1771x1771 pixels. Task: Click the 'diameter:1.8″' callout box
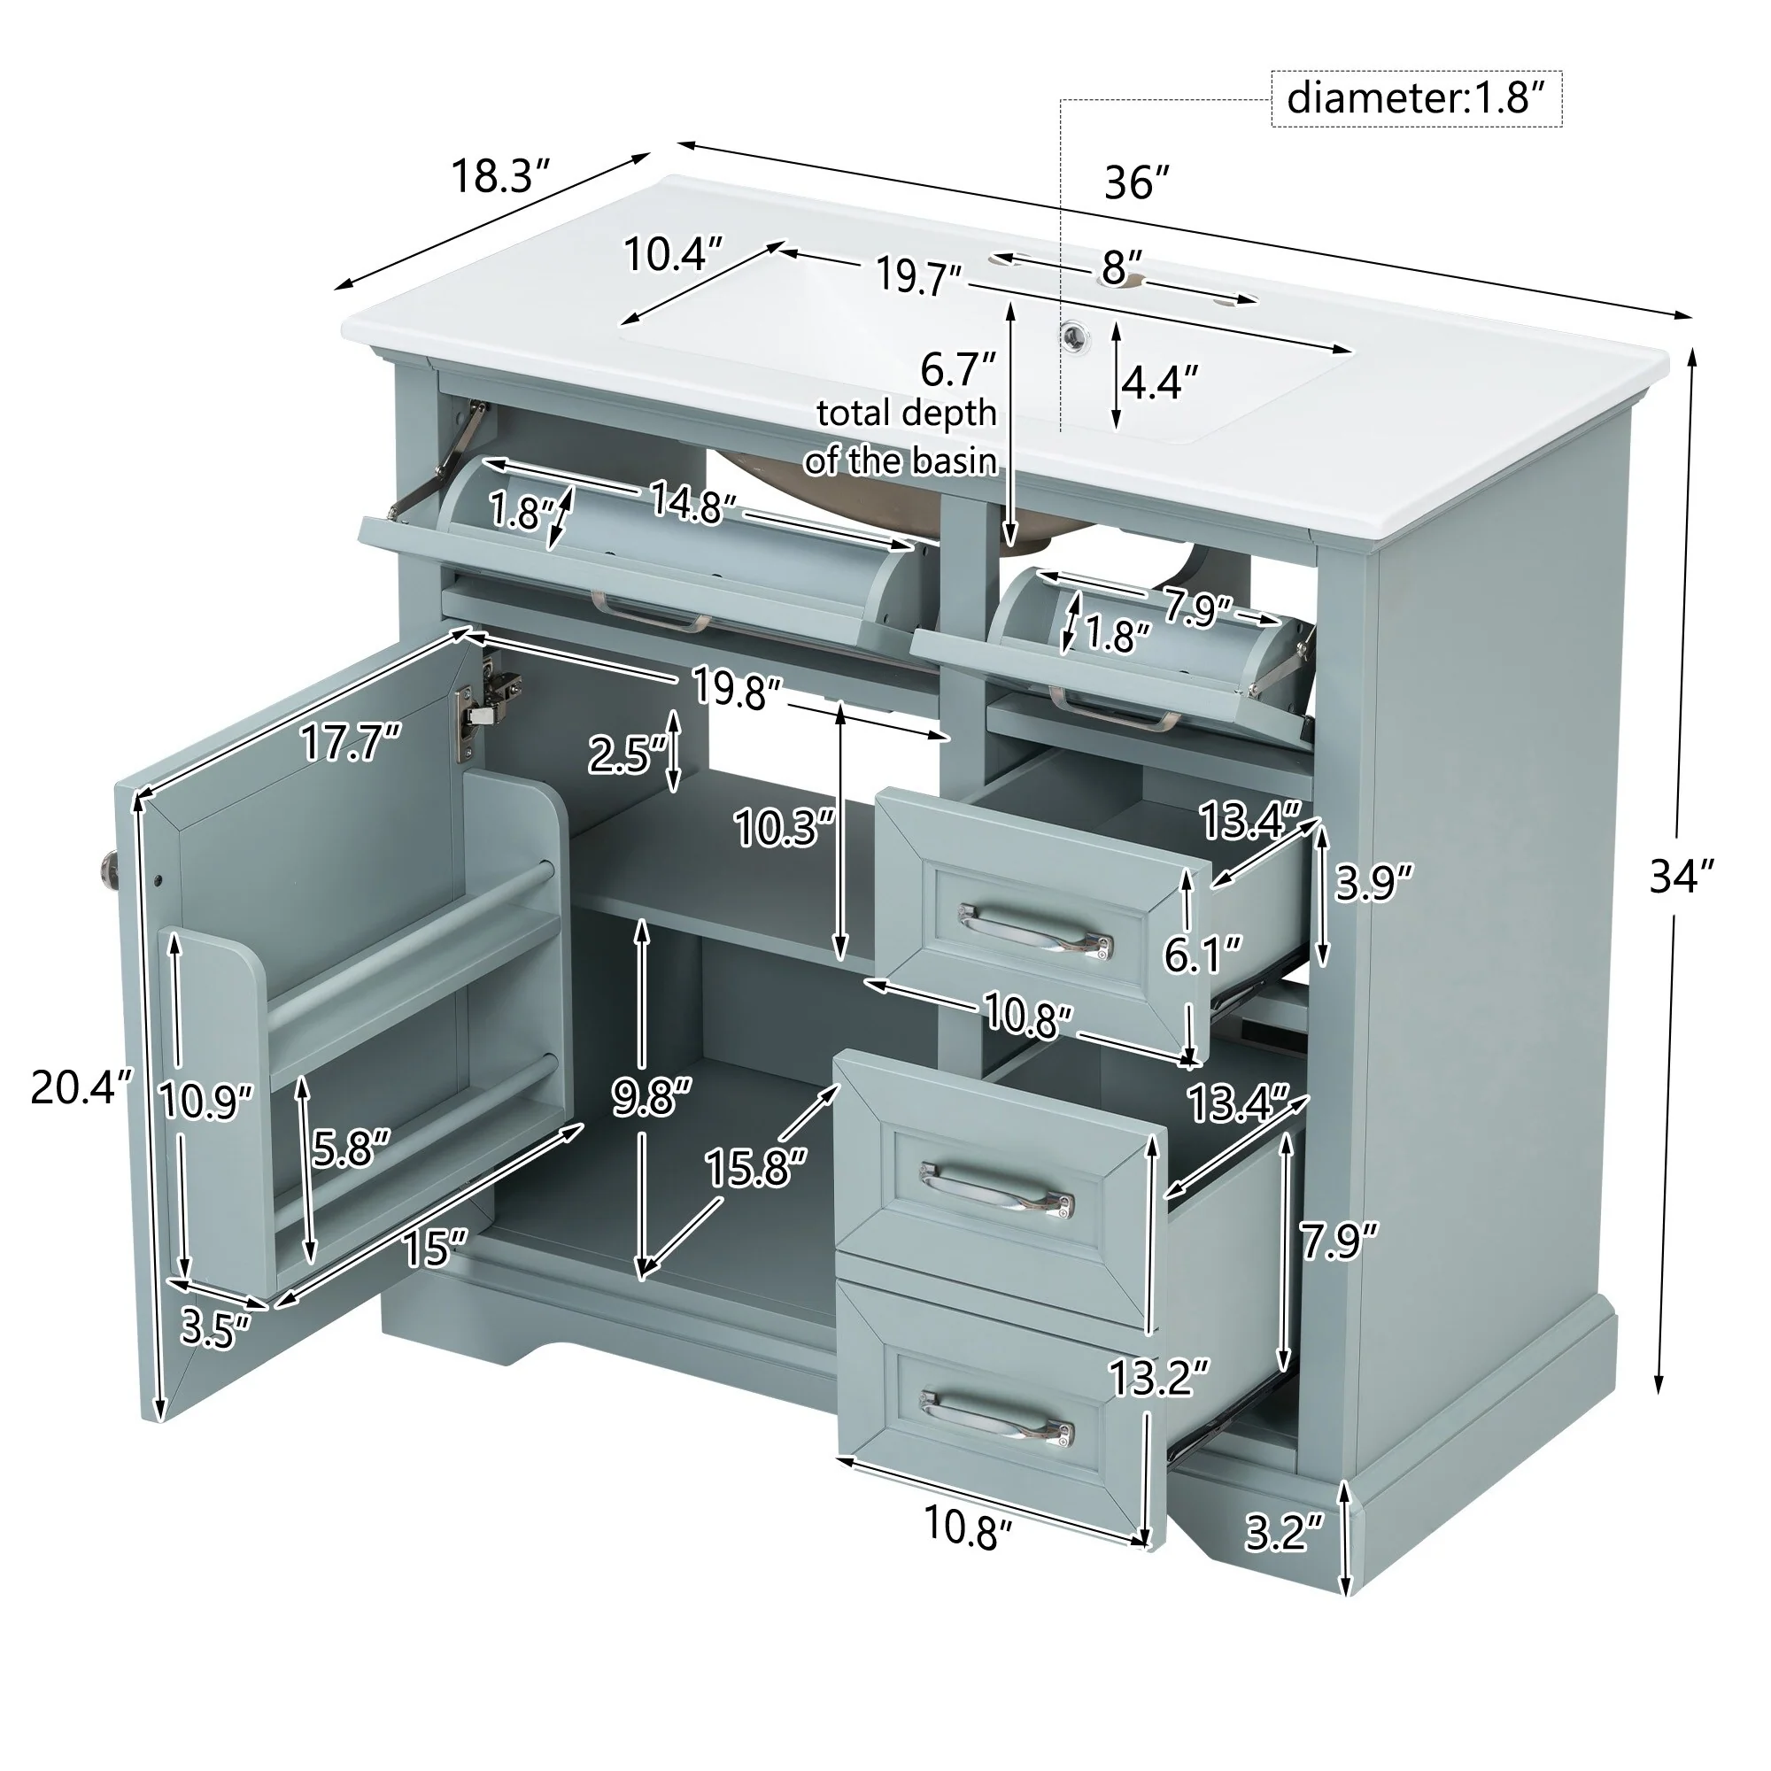pyautogui.click(x=1415, y=98)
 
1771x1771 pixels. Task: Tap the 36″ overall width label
pyautogui.click(x=1137, y=183)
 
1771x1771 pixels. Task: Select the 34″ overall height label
pyautogui.click(x=1681, y=877)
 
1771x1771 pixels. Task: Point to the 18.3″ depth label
pyautogui.click(x=500, y=176)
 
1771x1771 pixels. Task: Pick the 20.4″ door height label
pyautogui.click(x=81, y=1088)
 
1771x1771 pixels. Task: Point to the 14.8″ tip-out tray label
pyautogui.click(x=692, y=502)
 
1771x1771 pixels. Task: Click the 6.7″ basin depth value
pyautogui.click(x=958, y=369)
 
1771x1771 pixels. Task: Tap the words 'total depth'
pyautogui.click(x=906, y=414)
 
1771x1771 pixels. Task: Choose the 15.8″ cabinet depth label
pyautogui.click(x=754, y=1169)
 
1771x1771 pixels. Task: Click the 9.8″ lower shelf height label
pyautogui.click(x=652, y=1096)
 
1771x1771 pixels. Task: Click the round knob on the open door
pyautogui.click(x=108, y=867)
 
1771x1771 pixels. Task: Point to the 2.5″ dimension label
pyautogui.click(x=626, y=754)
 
